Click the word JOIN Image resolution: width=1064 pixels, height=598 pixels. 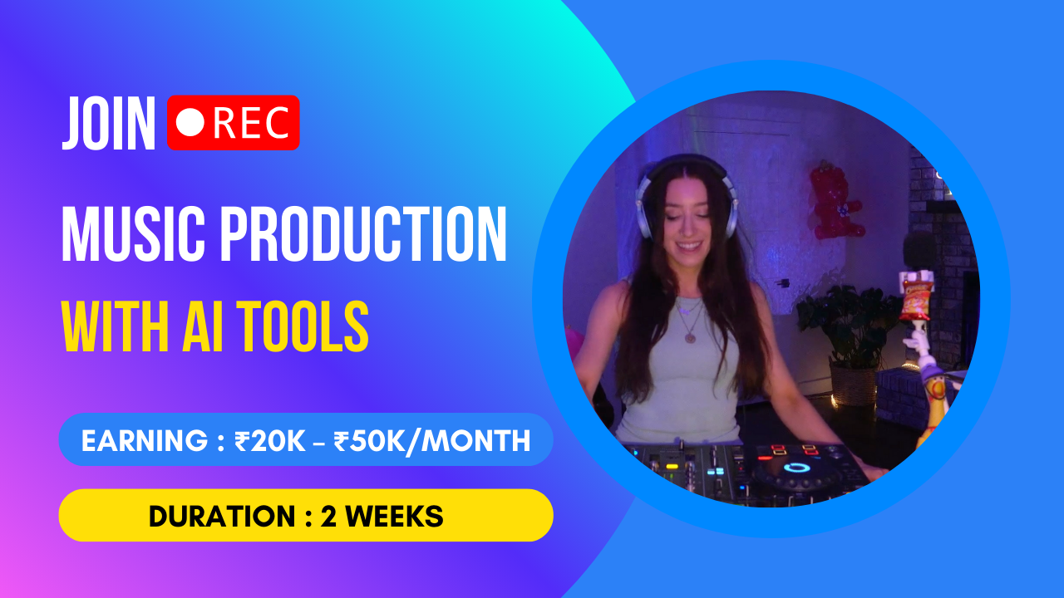pyautogui.click(x=109, y=123)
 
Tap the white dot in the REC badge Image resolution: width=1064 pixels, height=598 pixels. pyautogui.click(x=190, y=122)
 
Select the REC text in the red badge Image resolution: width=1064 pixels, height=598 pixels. pyautogui.click(x=251, y=123)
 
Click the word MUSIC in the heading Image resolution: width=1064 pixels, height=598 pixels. pyautogui.click(x=134, y=235)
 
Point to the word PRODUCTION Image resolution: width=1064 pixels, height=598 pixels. pyautogui.click(x=364, y=235)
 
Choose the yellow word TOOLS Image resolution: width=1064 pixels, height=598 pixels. pyautogui.click(x=303, y=326)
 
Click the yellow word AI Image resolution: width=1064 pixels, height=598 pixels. pyautogui.click(x=203, y=326)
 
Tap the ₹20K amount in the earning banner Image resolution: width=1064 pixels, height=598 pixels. pyautogui.click(x=270, y=441)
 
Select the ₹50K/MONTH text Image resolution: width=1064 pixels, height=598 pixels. pyautogui.click(x=431, y=441)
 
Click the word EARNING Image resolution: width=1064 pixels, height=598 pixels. pyautogui.click(x=145, y=441)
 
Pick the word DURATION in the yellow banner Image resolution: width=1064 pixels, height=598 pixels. pyautogui.click(x=222, y=517)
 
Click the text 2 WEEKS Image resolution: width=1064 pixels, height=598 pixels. pyautogui.click(x=382, y=517)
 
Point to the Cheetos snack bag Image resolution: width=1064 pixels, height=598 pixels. pyautogui.click(x=917, y=299)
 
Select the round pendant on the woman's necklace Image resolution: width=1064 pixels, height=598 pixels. pyautogui.click(x=690, y=337)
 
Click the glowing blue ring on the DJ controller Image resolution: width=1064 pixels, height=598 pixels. pyautogui.click(x=796, y=468)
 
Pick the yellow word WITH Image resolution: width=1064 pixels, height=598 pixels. pyautogui.click(x=115, y=326)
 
